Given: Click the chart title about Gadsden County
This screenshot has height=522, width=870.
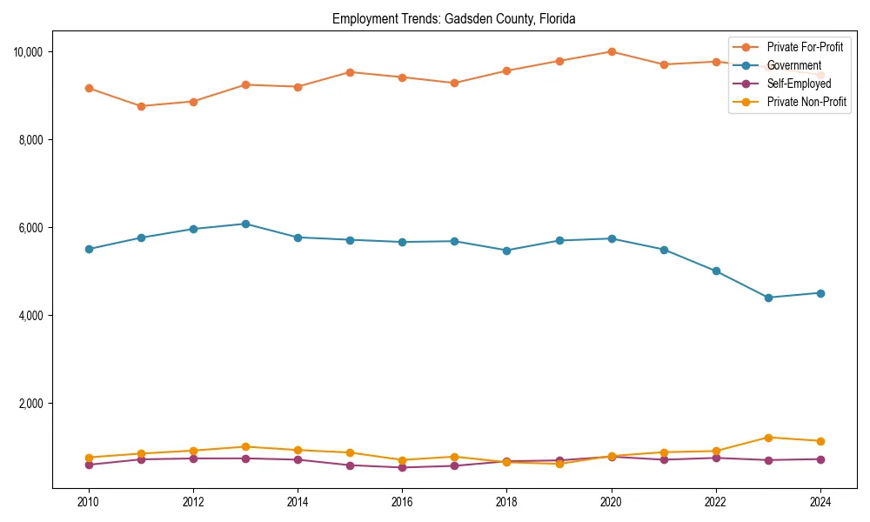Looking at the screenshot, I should (x=453, y=19).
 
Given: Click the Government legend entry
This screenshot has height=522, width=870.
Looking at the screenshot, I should (x=793, y=65).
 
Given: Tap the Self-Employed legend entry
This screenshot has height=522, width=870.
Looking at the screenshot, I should (x=799, y=84).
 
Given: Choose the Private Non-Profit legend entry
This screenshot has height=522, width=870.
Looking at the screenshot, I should (x=806, y=102).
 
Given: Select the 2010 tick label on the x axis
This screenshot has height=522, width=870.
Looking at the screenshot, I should (x=88, y=502).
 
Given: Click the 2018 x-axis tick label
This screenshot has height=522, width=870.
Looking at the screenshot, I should (x=506, y=502).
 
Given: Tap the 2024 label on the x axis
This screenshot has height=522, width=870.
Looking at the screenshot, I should (x=820, y=502).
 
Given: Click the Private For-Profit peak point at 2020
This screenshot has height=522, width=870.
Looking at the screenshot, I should (x=612, y=51).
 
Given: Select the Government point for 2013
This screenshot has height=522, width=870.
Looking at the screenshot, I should (x=245, y=224).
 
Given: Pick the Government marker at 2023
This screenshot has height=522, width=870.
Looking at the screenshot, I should (x=768, y=298).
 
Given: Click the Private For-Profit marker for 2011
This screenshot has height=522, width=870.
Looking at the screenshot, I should (x=141, y=106).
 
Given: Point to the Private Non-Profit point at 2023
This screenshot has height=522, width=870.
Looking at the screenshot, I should (x=768, y=438).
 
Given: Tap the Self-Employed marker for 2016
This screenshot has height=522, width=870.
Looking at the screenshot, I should (x=402, y=467).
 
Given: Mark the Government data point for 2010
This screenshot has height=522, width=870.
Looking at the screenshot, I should (x=89, y=249).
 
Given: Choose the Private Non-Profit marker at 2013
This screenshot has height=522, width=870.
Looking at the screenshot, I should (x=245, y=446).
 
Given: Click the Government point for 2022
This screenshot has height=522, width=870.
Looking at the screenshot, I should (x=716, y=271).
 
